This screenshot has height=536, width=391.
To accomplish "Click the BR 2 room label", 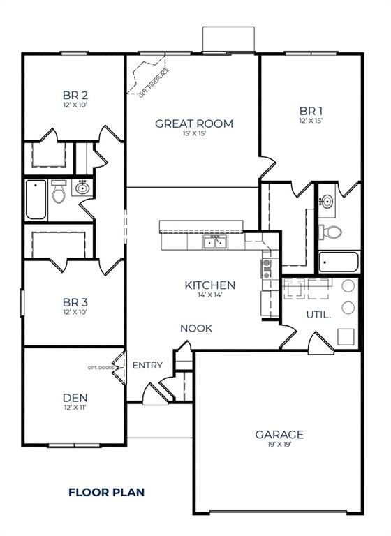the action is pos(75,95).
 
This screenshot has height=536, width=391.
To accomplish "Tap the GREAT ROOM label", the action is pos(194,124).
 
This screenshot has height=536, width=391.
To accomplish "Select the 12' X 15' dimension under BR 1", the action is pos(311,121).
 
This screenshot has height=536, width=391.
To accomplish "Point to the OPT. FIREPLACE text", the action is pos(154,83).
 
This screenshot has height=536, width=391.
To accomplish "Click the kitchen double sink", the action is pos(215,242).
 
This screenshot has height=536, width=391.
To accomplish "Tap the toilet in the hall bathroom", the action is pos(59,191).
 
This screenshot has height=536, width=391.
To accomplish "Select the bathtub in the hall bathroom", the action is pos(36,200).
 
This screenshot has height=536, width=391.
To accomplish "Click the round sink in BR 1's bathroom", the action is pos(327,201).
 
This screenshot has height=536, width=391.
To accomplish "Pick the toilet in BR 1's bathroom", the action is pos(330,232).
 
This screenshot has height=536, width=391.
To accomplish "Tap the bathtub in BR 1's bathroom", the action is pos(339,262).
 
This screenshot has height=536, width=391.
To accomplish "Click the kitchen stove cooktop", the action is pos(267,269).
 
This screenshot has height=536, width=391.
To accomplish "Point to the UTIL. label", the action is pos(318,315).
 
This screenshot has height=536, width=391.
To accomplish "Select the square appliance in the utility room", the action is pos(346,336).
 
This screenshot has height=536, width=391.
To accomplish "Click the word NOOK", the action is pos(196,329).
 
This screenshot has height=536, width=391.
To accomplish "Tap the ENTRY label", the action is pos(147,366).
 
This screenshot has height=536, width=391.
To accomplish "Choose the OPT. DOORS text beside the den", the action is pos(101,368).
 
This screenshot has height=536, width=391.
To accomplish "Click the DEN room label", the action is pos(75,398).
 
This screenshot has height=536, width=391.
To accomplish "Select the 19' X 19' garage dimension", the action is pos(279,445).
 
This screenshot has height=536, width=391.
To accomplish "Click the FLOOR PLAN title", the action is pos(106,492).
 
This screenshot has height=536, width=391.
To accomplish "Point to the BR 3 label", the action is pos(75,302).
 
